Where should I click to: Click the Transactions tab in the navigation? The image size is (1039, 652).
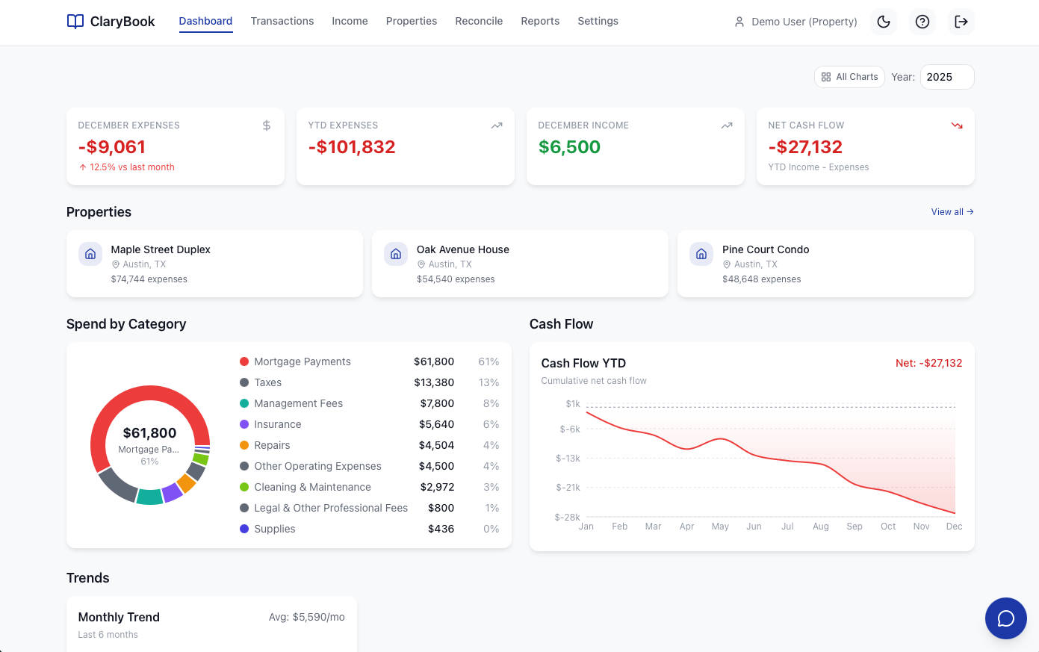click(x=282, y=21)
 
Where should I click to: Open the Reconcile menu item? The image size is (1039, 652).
click(x=479, y=21)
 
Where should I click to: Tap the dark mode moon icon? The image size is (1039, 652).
click(x=884, y=22)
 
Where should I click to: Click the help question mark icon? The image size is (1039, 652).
click(x=922, y=22)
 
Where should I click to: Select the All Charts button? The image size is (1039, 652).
click(x=849, y=77)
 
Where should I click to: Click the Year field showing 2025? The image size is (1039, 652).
click(x=946, y=77)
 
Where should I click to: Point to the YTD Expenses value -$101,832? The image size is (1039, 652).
click(x=352, y=147)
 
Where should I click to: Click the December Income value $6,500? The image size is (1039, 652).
click(x=569, y=147)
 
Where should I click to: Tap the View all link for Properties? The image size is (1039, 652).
click(x=952, y=212)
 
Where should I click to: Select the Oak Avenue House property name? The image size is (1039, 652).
click(x=462, y=249)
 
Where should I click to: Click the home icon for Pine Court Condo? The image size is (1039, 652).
click(x=701, y=254)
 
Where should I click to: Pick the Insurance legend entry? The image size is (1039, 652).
click(x=277, y=424)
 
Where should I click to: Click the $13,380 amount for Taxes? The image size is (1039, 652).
click(x=434, y=382)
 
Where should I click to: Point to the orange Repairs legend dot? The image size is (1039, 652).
click(x=244, y=445)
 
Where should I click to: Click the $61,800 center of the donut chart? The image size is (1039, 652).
click(x=149, y=433)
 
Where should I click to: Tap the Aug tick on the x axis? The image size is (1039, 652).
click(x=821, y=527)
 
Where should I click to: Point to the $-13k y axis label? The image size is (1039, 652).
click(x=568, y=459)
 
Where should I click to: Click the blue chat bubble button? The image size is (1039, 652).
click(x=1005, y=618)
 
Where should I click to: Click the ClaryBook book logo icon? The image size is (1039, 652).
click(x=75, y=22)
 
